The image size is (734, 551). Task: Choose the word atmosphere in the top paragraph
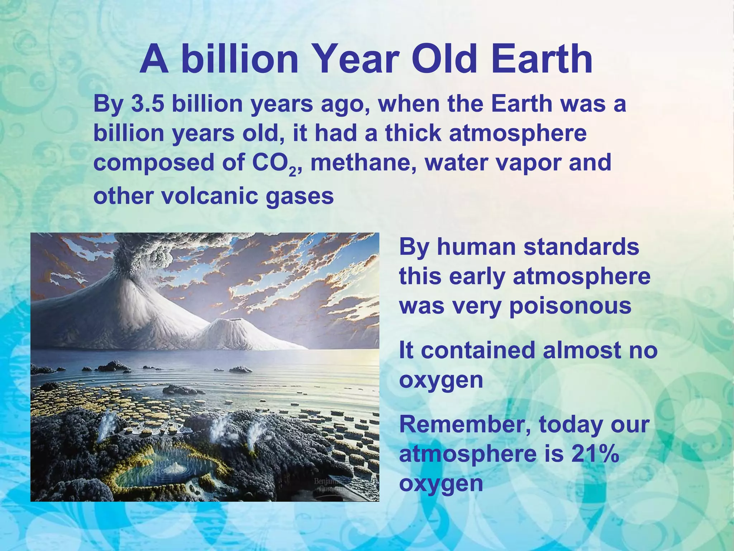click(518, 133)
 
